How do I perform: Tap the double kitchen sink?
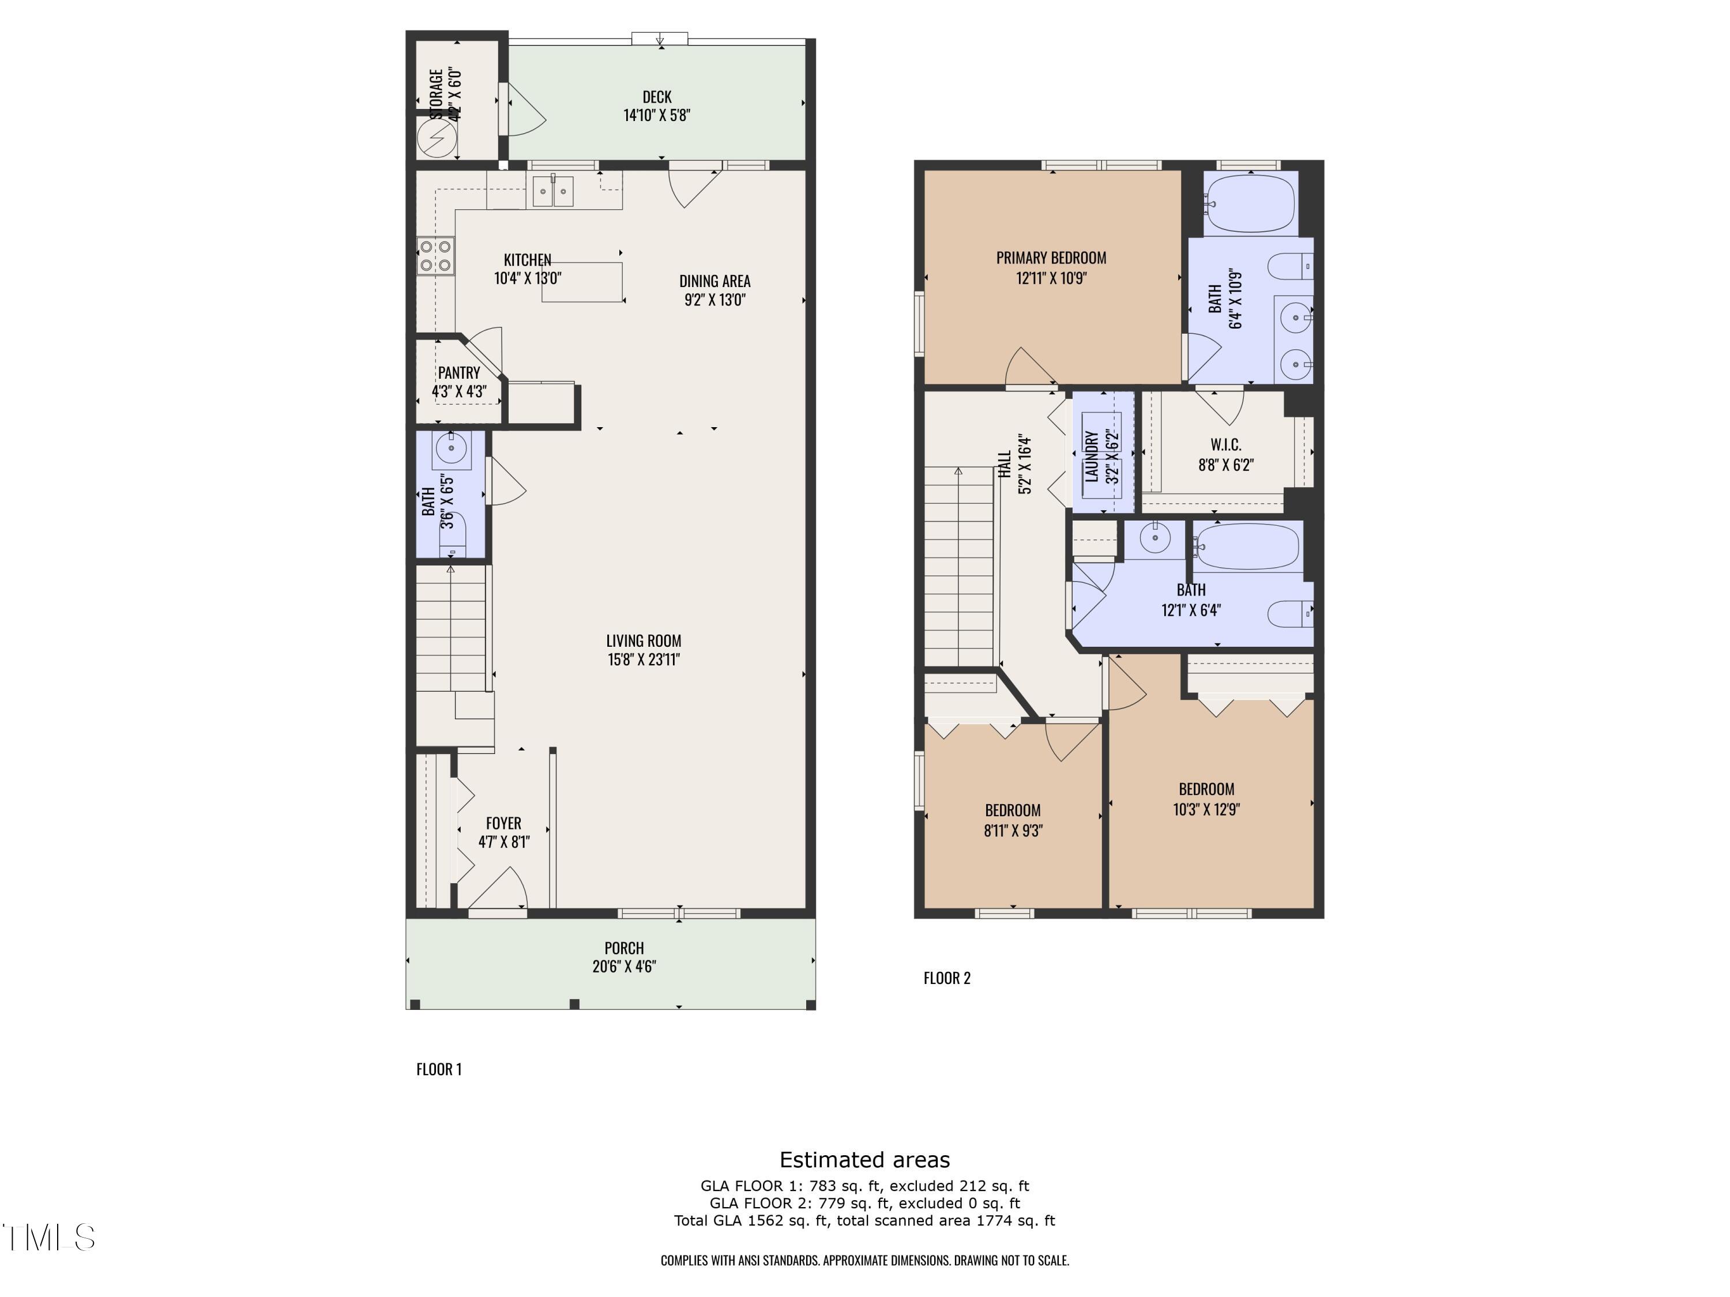click(x=553, y=191)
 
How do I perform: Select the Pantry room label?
click(x=459, y=373)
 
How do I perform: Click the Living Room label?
click(x=644, y=641)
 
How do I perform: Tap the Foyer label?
click(x=503, y=823)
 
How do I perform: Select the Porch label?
click(x=623, y=948)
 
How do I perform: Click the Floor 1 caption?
click(x=439, y=1069)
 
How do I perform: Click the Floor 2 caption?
click(x=946, y=978)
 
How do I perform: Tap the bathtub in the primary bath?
click(x=1249, y=203)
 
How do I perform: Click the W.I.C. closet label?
click(x=1225, y=445)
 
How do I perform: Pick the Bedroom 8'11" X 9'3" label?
click(x=1012, y=810)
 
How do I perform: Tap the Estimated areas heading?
click(x=864, y=1159)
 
